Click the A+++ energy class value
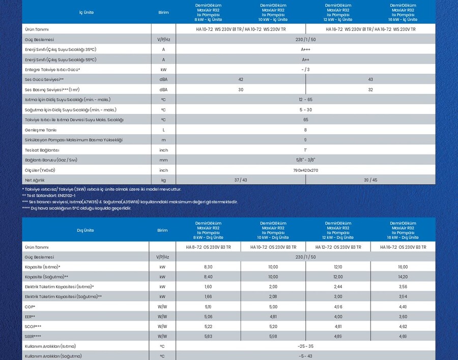305,49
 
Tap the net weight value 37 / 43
240,179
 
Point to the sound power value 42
240,79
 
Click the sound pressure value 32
370,89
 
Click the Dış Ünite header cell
85,230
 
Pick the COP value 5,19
208,306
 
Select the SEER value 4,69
403,336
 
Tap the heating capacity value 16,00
403,266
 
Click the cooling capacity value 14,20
403,277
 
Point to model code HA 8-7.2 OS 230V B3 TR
208,247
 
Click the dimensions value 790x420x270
305,170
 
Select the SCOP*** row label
33,326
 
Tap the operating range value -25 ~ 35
305,346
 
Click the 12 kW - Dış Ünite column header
338,230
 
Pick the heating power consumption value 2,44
338,286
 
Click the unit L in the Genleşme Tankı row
163,130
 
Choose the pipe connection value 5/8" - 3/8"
305,160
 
